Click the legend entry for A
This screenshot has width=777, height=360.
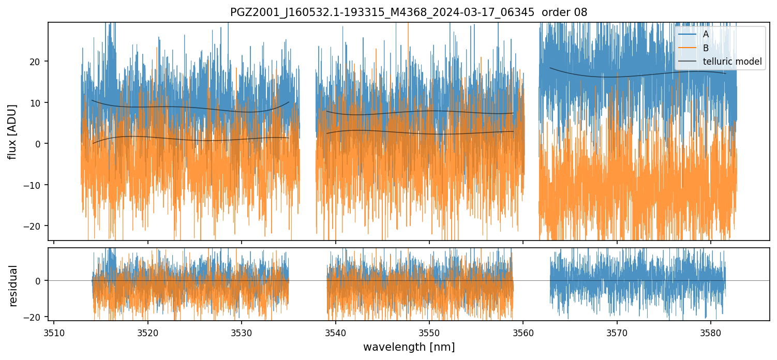(706, 34)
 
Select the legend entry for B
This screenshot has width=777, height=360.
(706, 48)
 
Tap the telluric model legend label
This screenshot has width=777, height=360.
(732, 62)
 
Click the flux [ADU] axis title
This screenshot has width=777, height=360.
(12, 131)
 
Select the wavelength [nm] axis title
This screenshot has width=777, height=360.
(409, 347)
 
